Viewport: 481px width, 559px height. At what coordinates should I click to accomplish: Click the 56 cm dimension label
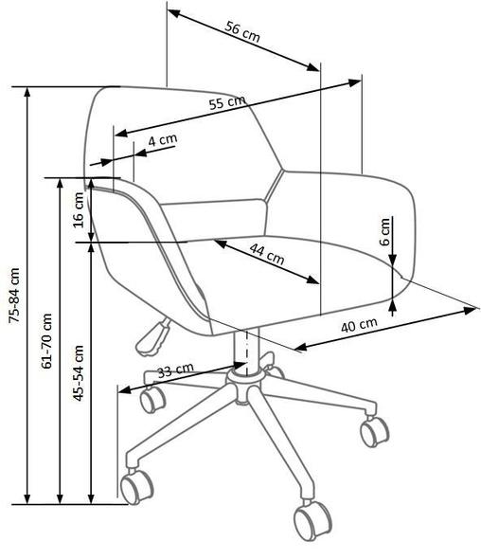point(242,31)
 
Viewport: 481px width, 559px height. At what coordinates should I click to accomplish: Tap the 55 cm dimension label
point(227,102)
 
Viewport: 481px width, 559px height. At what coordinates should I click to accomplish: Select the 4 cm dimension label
point(163,140)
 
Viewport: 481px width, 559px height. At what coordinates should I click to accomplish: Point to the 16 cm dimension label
point(79,210)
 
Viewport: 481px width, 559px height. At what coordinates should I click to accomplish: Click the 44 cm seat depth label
point(267,254)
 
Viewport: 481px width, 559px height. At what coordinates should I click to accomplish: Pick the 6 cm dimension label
point(384,232)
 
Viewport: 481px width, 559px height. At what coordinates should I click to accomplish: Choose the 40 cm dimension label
point(359,325)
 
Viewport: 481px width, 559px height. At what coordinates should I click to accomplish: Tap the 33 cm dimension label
point(176,370)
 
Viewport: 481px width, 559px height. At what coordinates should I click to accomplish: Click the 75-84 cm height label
point(14,296)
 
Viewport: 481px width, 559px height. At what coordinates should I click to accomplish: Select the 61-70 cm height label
point(46,341)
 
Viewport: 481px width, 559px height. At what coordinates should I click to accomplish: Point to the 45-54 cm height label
point(79,373)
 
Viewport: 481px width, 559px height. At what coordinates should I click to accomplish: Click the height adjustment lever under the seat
point(153,337)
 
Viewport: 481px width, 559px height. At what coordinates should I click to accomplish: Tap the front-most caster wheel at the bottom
point(312,520)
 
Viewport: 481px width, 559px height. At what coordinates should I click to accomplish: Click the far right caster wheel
point(374,431)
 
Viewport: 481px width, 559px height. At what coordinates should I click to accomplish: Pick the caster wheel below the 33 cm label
point(152,399)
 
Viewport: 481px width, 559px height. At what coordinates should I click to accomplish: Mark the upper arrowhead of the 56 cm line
point(173,13)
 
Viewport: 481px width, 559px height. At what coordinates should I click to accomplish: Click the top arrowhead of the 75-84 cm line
point(27,92)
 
